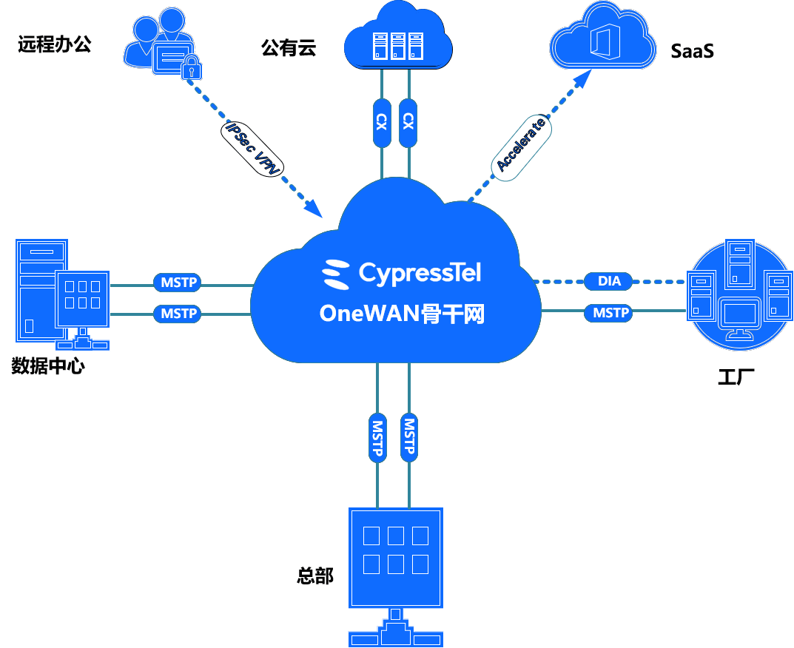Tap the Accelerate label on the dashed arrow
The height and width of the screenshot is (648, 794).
tap(523, 145)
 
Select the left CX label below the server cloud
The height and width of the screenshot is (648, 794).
tap(382, 122)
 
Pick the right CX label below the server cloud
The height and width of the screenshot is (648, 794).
tap(407, 122)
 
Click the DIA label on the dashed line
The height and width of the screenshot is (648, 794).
tap(609, 281)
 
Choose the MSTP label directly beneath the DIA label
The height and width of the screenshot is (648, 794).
tap(610, 313)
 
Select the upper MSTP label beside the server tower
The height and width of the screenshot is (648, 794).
tap(179, 283)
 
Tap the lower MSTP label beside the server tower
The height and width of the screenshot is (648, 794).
tap(179, 314)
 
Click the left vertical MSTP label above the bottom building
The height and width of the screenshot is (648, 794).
tap(377, 437)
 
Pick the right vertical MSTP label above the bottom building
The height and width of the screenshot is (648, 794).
tap(408, 437)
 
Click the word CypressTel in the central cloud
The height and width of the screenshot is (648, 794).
tap(420, 273)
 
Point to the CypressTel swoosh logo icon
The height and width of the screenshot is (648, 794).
tap(336, 274)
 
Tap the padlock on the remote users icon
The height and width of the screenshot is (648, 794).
tap(192, 69)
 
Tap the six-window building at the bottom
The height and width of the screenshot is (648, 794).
tap(396, 556)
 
